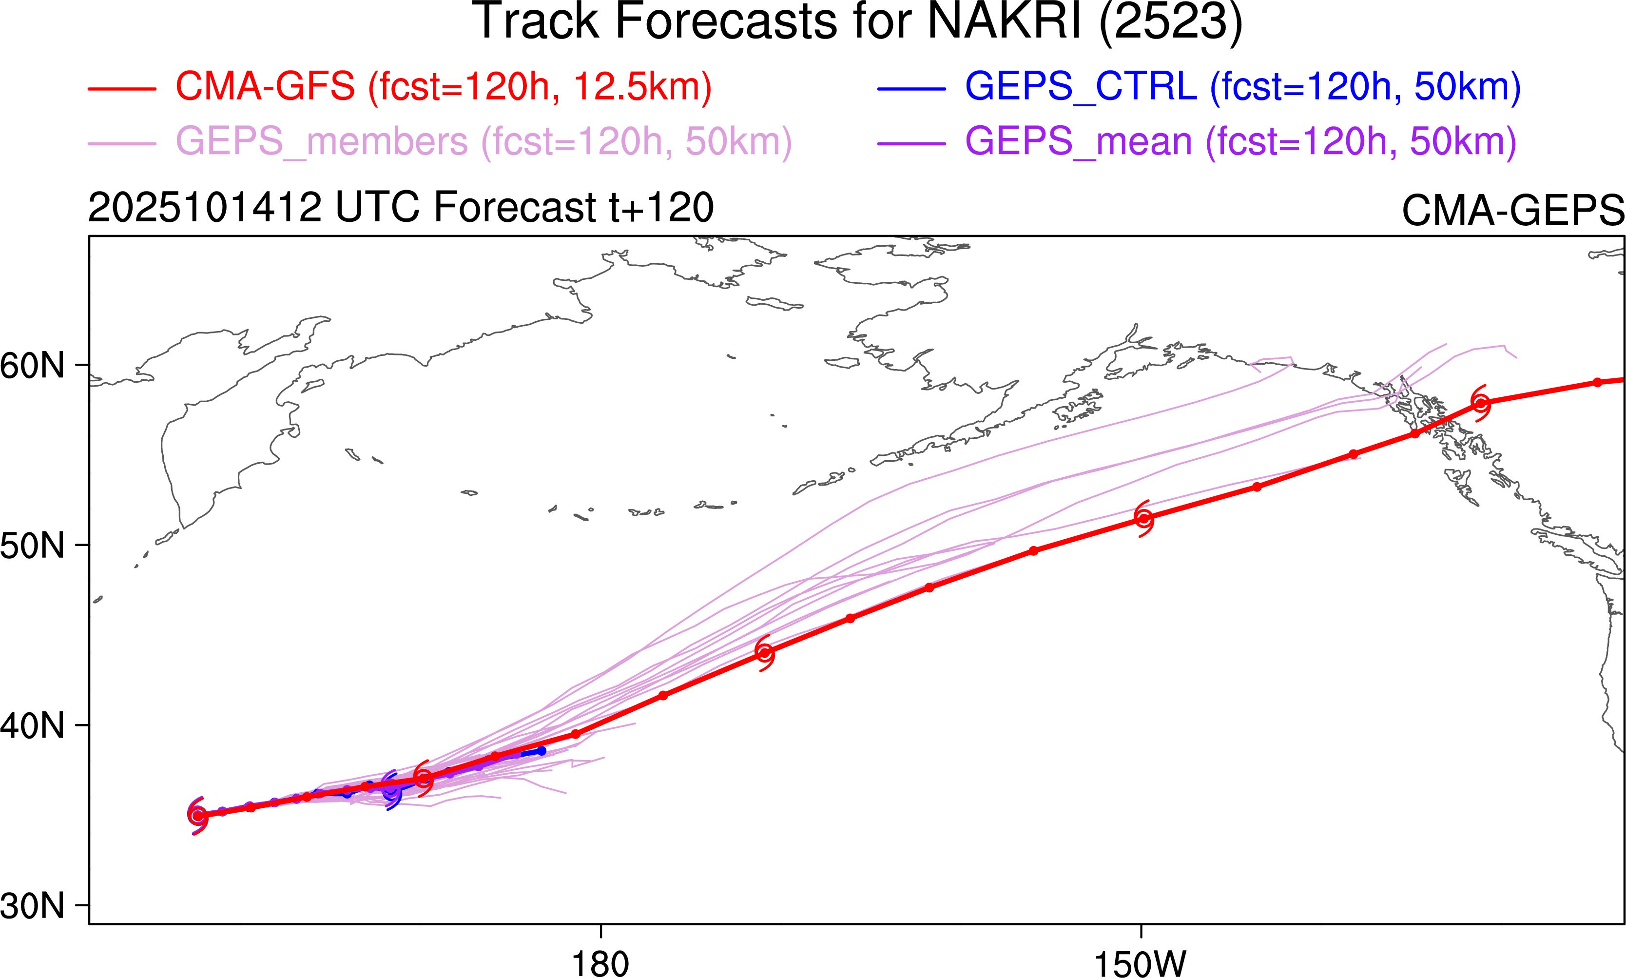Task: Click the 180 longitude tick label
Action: click(x=600, y=963)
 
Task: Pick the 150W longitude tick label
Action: click(x=1141, y=963)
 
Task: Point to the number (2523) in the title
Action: click(x=1171, y=22)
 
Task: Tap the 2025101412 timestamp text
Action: click(x=205, y=208)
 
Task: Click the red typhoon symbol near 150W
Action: click(x=1144, y=519)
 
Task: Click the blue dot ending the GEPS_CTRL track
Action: click(x=542, y=751)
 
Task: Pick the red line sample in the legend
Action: click(x=122, y=88)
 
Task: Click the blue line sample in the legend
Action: click(x=911, y=88)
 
